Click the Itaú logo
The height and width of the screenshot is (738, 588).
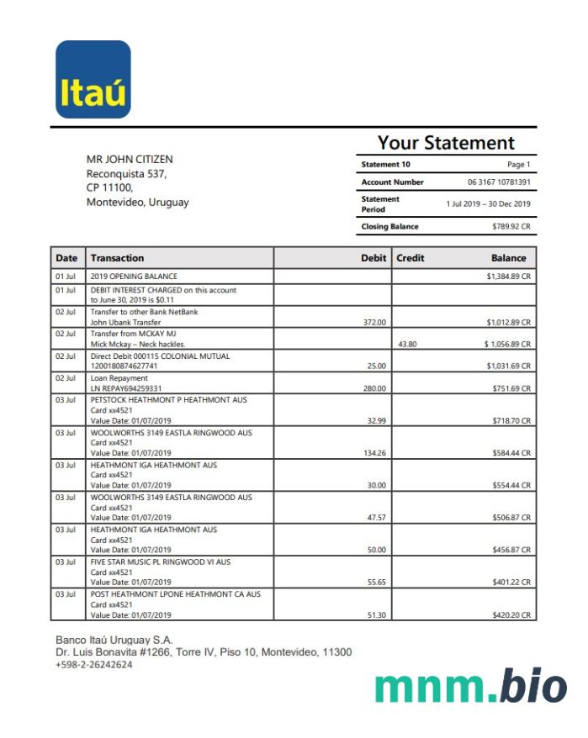pos(93,80)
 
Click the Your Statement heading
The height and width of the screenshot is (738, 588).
pos(446,143)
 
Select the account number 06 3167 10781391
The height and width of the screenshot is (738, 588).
pos(499,182)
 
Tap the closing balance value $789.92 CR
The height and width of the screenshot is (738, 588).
pos(511,226)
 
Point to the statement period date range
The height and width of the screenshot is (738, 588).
pos(488,203)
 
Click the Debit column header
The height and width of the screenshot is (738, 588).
pos(373,258)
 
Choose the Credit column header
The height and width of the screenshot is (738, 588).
pos(411,258)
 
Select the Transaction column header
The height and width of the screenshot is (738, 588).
pos(117,258)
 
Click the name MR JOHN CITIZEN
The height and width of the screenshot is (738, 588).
pos(130,159)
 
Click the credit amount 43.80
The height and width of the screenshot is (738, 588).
pos(407,344)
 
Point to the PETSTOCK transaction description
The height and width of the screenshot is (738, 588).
pos(168,400)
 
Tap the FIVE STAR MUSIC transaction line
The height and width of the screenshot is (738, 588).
pos(161,561)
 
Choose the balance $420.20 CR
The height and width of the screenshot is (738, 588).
pos(511,615)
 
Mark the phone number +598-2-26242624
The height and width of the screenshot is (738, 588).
pos(93,664)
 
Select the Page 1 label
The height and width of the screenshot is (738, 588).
pos(518,165)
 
